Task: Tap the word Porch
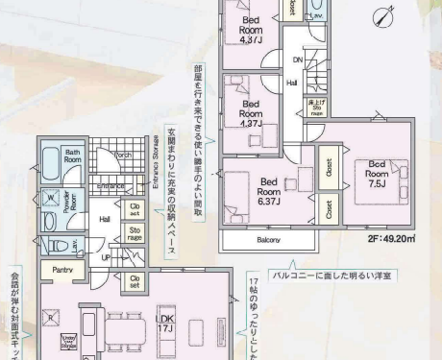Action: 122,154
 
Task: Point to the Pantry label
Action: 64,270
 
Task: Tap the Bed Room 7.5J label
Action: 375,173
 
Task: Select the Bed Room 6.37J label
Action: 270,192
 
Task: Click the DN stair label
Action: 297,60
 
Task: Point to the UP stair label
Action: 107,258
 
